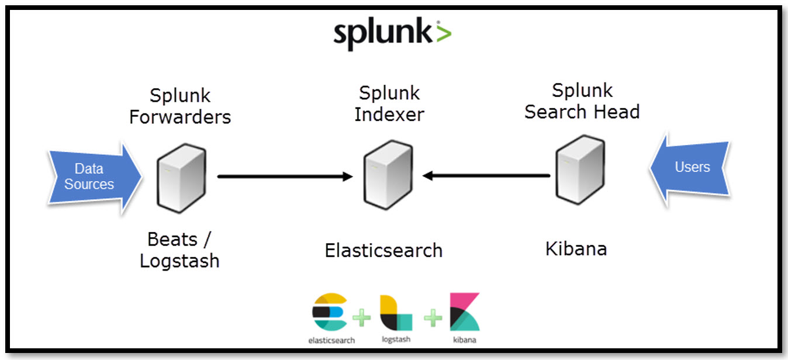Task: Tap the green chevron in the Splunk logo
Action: click(443, 33)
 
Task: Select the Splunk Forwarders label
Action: click(180, 106)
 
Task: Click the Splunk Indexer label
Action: click(389, 103)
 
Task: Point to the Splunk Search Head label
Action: click(582, 101)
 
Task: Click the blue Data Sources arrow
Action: click(94, 176)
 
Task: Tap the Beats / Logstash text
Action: click(179, 250)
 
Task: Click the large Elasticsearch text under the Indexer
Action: click(383, 251)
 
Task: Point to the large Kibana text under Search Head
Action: click(576, 249)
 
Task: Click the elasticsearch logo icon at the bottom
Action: click(330, 313)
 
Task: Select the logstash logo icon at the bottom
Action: click(395, 313)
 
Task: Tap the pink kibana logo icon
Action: click(464, 312)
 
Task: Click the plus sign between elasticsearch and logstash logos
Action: click(362, 318)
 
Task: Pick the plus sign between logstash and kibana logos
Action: click(433, 318)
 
